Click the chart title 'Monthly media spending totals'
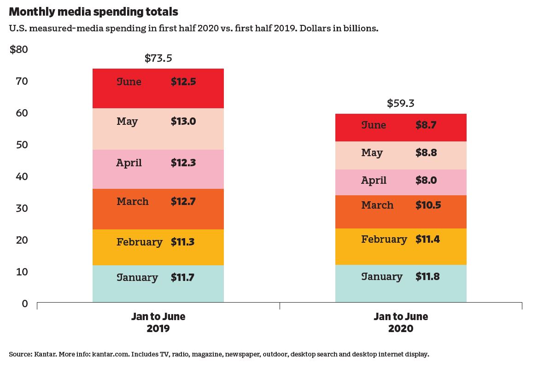pos(94,12)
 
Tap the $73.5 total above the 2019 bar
pos(158,58)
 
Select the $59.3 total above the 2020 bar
pos(400,103)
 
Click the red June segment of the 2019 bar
pos(158,94)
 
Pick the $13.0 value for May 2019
pos(183,122)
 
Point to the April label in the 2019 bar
pos(129,163)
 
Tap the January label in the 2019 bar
pos(137,278)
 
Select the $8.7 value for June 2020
pos(426,125)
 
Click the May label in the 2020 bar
pos(372,153)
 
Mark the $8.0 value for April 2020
pos(426,181)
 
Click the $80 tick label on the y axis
pos(19,49)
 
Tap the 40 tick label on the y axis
pos(22,176)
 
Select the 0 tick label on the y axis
pos(25,304)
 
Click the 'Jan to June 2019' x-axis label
pos(158,322)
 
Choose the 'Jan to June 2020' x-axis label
pos(400,322)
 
